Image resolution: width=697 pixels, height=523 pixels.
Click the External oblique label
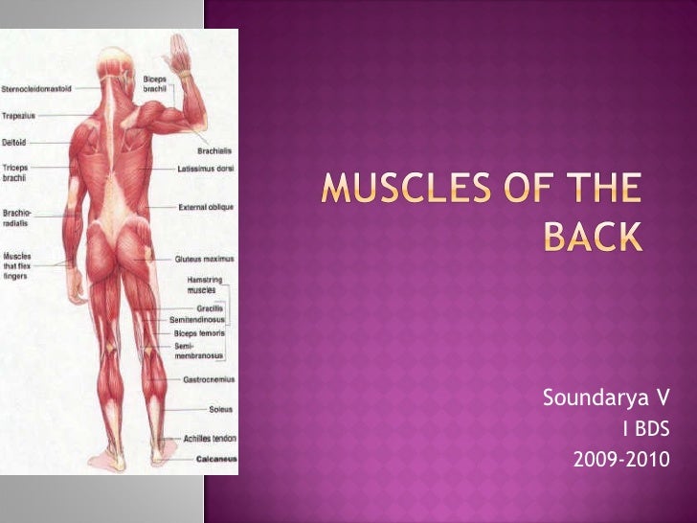pyautogui.click(x=205, y=206)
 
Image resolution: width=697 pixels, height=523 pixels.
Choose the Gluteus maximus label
pyautogui.click(x=203, y=259)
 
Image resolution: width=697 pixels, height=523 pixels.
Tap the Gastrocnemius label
pyautogui.click(x=210, y=380)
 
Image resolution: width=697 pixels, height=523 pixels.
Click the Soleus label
pyautogui.click(x=221, y=409)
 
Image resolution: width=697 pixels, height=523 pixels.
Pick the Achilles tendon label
pyautogui.click(x=210, y=439)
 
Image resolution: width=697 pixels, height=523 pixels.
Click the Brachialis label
pyautogui.click(x=214, y=150)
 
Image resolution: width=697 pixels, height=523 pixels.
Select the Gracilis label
pyautogui.click(x=211, y=308)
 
